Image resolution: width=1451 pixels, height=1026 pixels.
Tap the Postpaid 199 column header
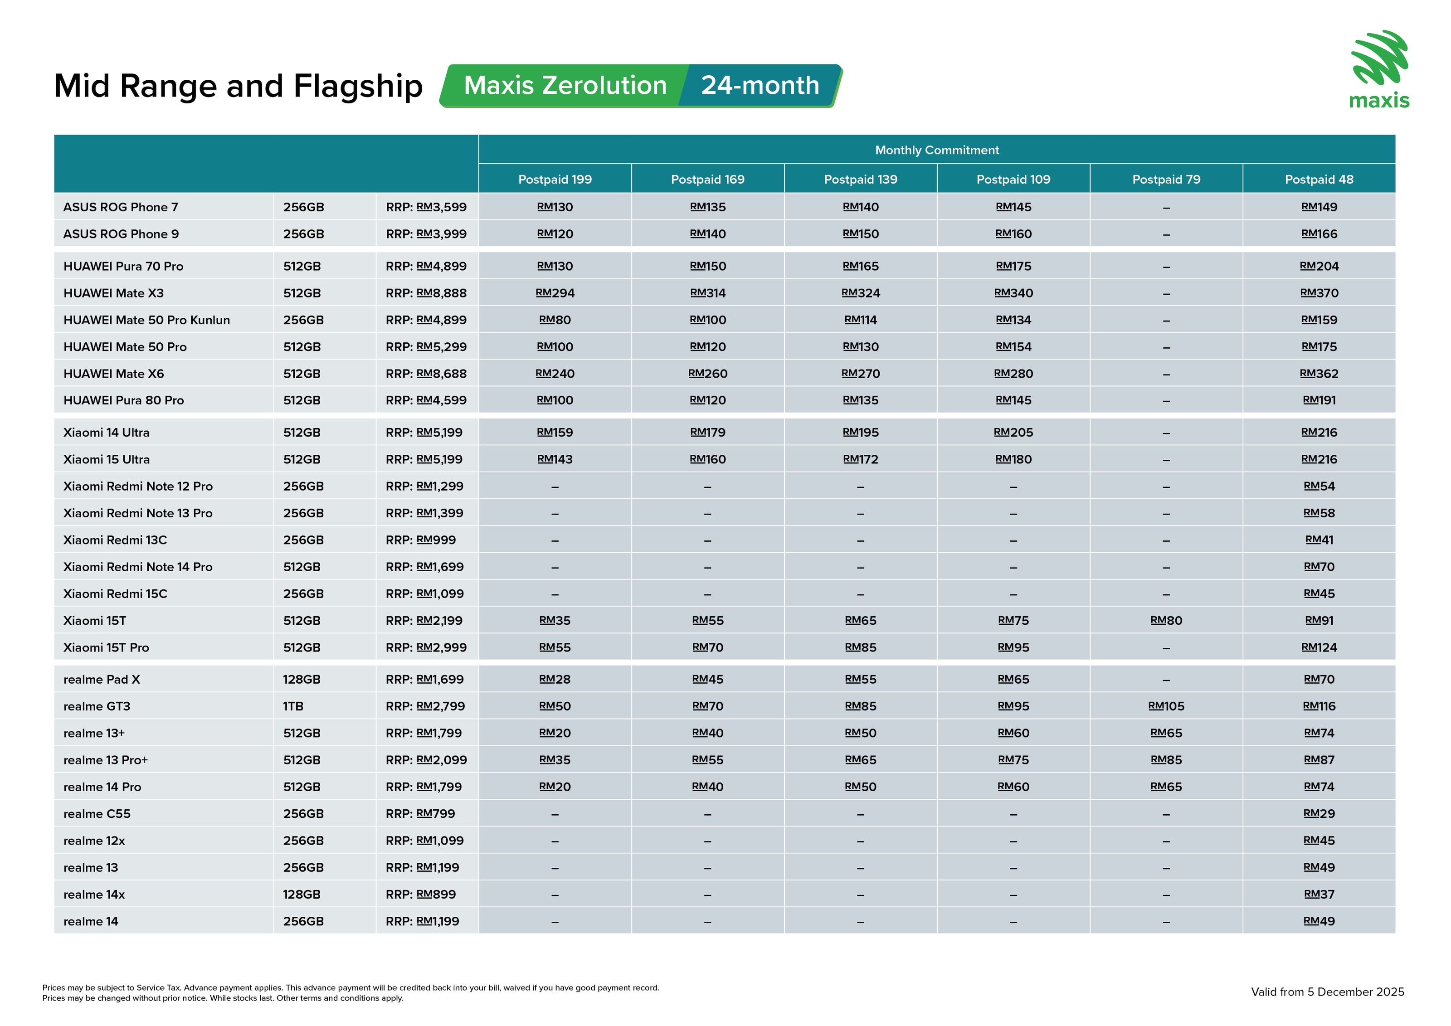coord(555,180)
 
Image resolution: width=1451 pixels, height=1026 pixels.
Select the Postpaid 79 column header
coord(1166,180)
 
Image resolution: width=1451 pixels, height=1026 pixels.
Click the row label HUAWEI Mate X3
coord(114,293)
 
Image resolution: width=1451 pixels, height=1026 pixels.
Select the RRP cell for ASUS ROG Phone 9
coord(426,234)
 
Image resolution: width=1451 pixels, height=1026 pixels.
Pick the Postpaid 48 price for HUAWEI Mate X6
coord(1319,374)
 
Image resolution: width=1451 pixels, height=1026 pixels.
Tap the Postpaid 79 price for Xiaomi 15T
coord(1166,620)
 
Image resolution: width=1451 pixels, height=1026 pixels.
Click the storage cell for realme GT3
coord(293,706)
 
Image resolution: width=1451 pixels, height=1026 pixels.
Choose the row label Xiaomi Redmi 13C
coord(115,540)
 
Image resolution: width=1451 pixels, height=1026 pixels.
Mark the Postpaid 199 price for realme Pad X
coord(555,679)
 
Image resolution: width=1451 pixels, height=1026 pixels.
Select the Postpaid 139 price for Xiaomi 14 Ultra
coord(860,432)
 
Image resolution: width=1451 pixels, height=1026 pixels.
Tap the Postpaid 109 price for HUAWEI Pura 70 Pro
coord(1013,266)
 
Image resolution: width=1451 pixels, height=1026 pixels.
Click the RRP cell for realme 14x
coord(420,895)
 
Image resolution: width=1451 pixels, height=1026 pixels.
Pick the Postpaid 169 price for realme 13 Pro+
coord(707,760)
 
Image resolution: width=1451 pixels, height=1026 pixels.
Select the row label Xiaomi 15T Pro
coord(106,647)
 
